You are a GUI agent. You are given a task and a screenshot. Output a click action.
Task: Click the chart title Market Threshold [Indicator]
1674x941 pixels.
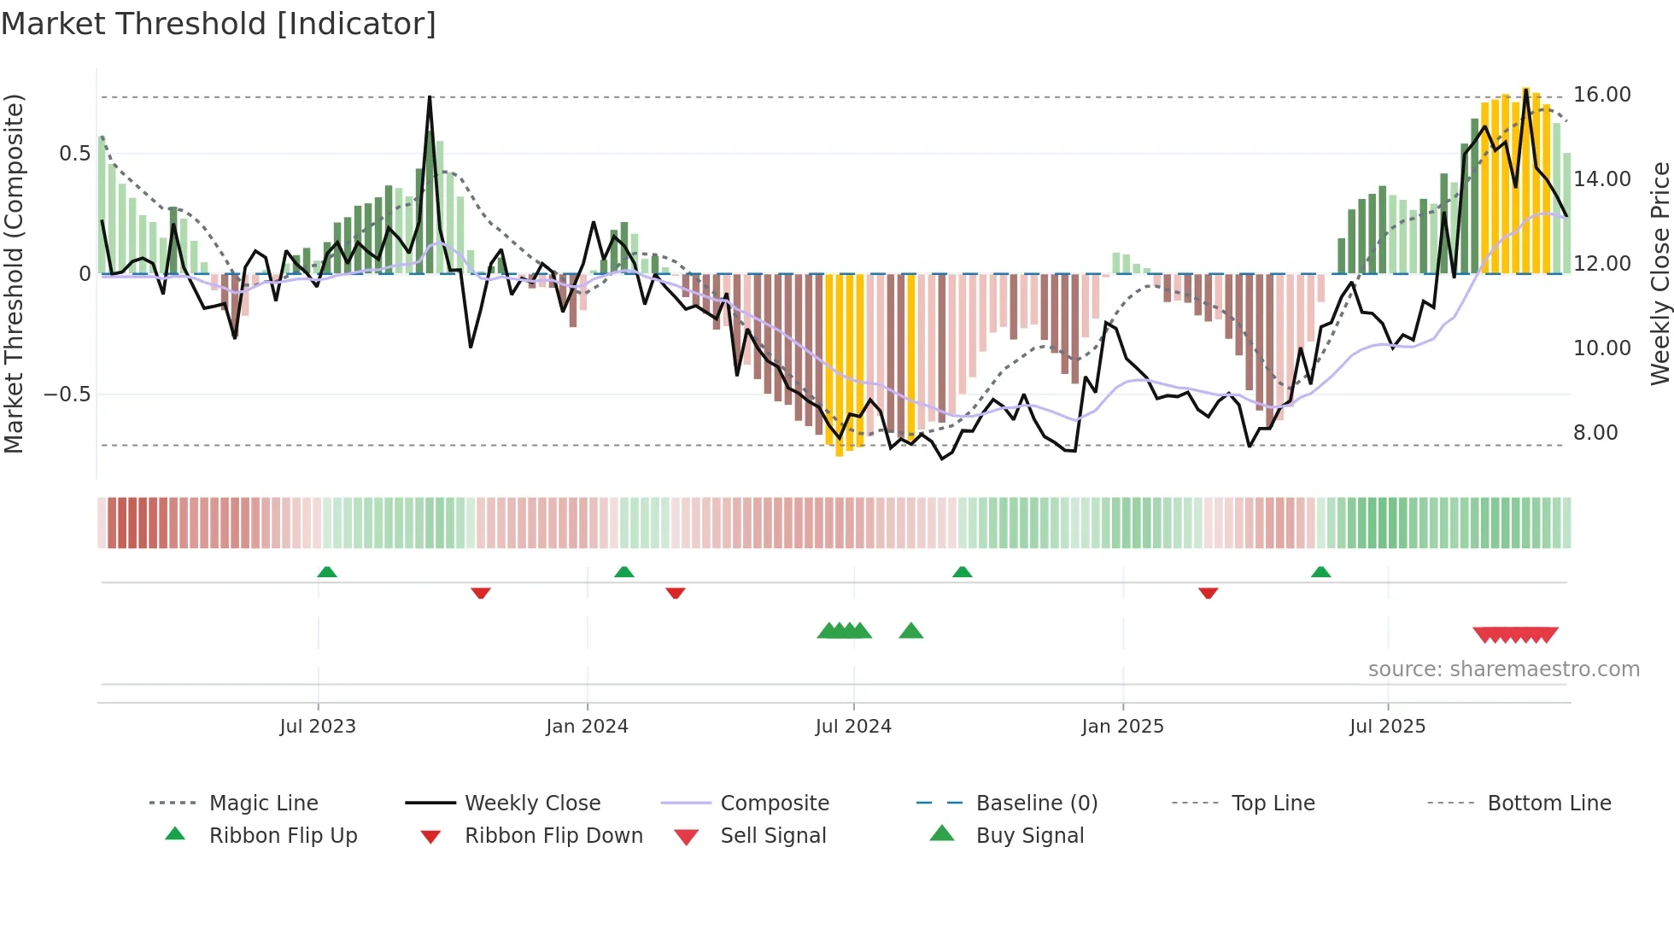pyautogui.click(x=219, y=24)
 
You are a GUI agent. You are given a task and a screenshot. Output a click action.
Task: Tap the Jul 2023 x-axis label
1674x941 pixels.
pyautogui.click(x=318, y=727)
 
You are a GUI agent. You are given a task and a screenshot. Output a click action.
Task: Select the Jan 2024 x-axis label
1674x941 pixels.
pyautogui.click(x=587, y=727)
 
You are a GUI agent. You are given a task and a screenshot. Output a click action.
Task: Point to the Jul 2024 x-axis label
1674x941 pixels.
pyautogui.click(x=853, y=727)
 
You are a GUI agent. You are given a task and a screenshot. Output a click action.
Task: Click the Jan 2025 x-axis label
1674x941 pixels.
pyautogui.click(x=1122, y=727)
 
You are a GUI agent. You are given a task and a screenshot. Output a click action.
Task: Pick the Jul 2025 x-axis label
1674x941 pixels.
pyautogui.click(x=1388, y=727)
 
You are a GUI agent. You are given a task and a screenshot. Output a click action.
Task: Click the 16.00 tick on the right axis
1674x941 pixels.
pyautogui.click(x=1602, y=95)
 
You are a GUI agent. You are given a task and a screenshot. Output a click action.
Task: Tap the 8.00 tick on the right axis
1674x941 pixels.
pyautogui.click(x=1595, y=433)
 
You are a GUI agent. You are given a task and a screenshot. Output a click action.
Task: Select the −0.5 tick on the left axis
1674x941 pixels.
pyautogui.click(x=67, y=395)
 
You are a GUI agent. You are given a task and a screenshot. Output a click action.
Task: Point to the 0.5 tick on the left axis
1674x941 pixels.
pyautogui.click(x=74, y=154)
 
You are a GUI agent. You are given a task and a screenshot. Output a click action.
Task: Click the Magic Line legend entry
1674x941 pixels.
pyautogui.click(x=263, y=804)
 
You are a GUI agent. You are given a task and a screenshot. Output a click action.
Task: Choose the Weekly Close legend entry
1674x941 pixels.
pyautogui.click(x=532, y=804)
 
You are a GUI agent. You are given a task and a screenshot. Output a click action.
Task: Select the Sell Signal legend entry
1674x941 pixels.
pyautogui.click(x=773, y=836)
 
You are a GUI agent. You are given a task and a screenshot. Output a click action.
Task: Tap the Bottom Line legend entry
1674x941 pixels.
pyautogui.click(x=1548, y=804)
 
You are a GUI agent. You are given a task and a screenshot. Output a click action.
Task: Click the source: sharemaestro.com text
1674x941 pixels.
pyautogui.click(x=1503, y=669)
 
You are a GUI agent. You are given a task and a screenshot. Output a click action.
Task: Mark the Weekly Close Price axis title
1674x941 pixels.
pyautogui.click(x=1659, y=273)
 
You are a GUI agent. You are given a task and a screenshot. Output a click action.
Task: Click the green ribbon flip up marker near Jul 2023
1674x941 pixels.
pyautogui.click(x=327, y=572)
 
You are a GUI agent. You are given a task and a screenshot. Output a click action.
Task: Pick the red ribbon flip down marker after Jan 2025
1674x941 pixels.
pyautogui.click(x=1208, y=593)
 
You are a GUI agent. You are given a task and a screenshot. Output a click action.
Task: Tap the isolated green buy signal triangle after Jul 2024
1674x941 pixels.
pyautogui.click(x=911, y=631)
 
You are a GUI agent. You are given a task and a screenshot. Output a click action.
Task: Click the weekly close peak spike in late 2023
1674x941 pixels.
pyautogui.click(x=430, y=97)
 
